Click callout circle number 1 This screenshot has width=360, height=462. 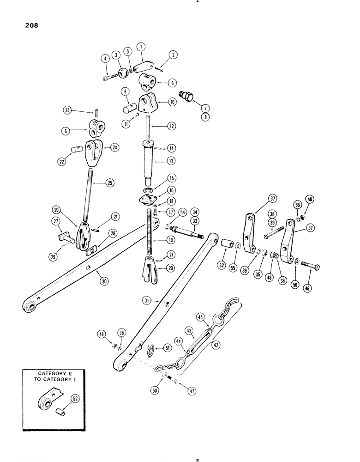pyautogui.click(x=141, y=47)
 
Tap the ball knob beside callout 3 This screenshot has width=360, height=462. pyautogui.click(x=124, y=73)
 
